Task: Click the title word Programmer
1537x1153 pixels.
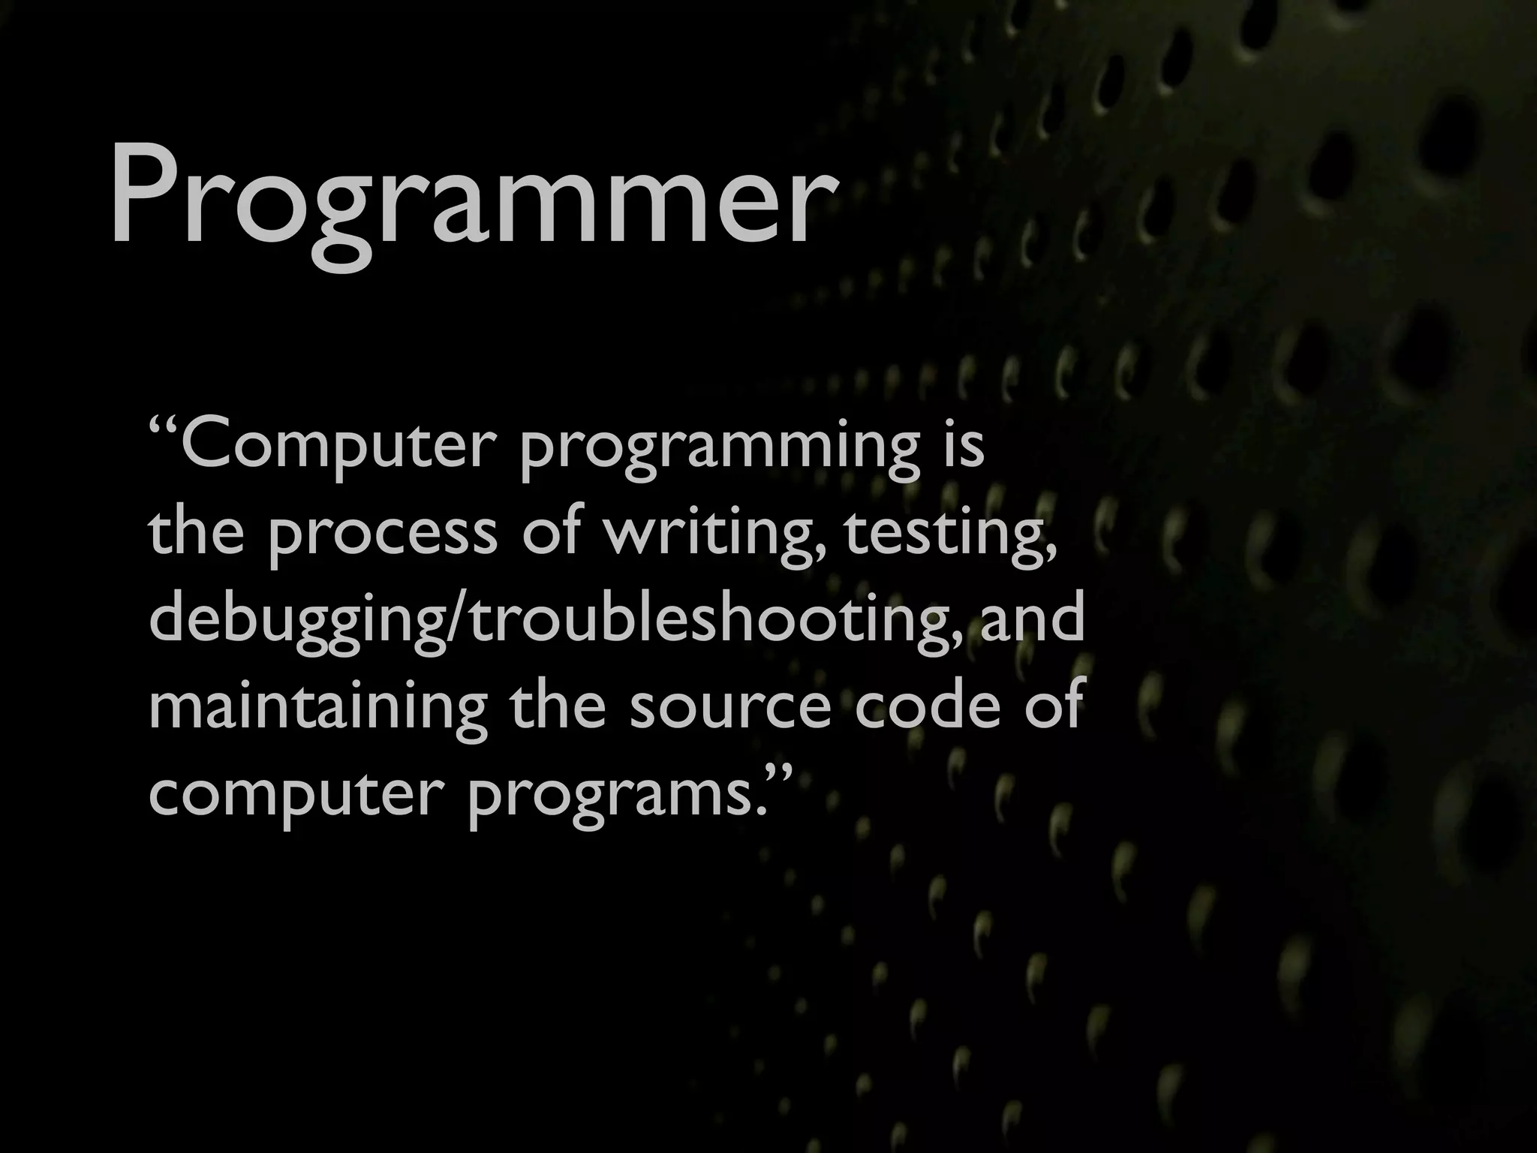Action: coord(471,197)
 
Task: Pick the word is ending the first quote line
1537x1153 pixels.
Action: coord(964,446)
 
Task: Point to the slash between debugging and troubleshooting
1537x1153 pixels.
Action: coord(459,622)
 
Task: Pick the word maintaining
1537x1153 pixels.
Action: coord(317,709)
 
